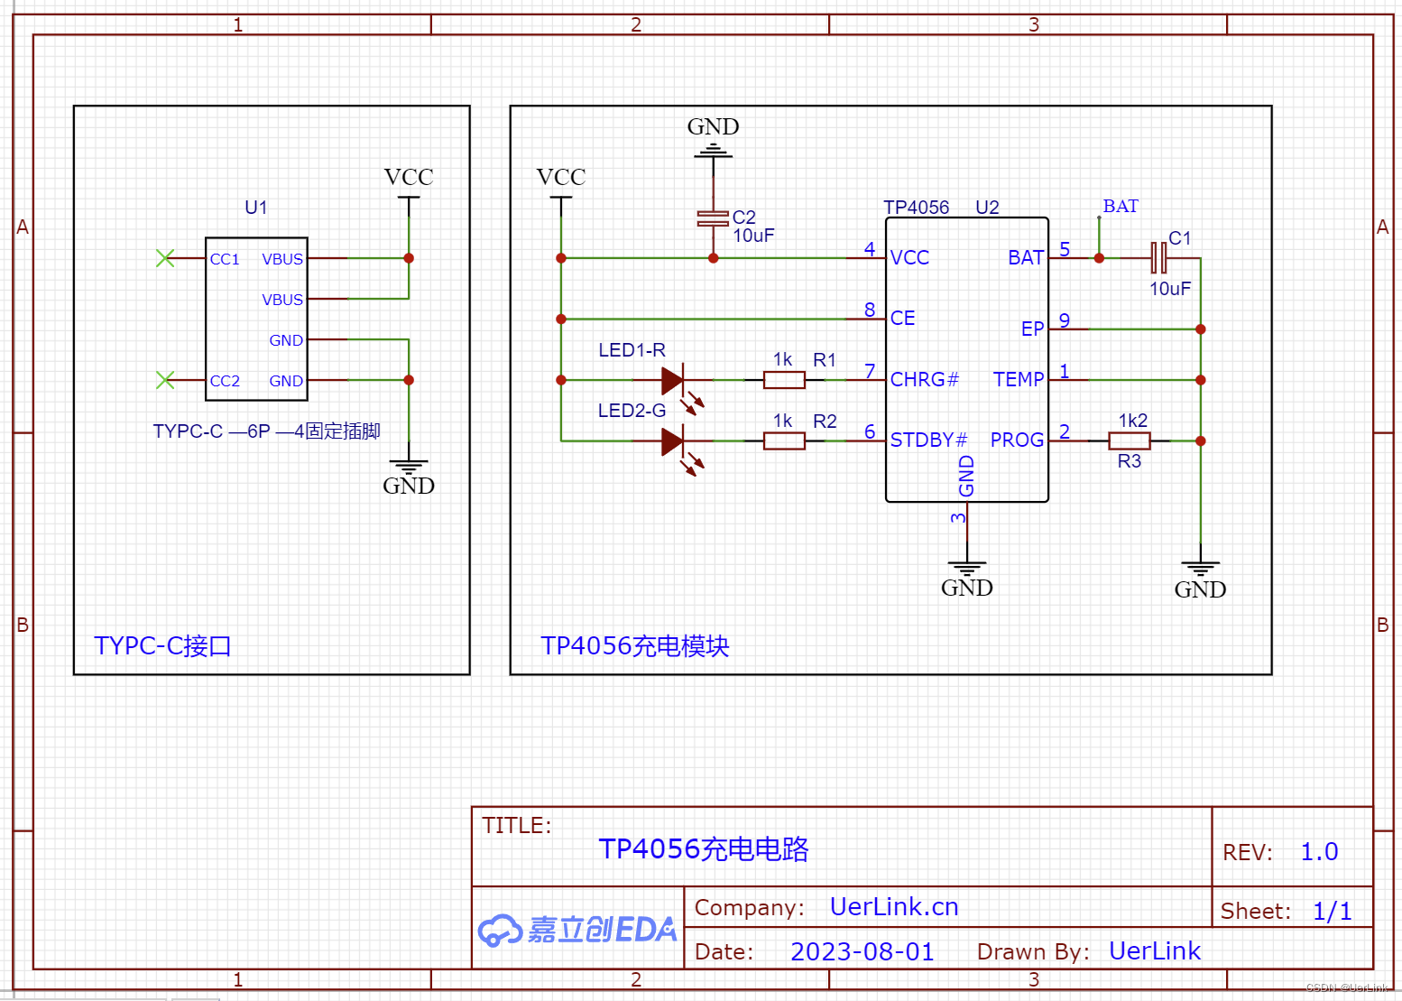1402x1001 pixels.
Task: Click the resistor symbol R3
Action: [x=1129, y=440]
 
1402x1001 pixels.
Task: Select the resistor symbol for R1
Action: [x=783, y=380]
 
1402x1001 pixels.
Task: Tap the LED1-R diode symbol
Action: [x=673, y=380]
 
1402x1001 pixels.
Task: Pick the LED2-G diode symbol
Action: [x=673, y=441]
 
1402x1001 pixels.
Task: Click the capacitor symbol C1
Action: [x=1158, y=258]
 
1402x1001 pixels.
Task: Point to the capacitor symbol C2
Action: [x=713, y=218]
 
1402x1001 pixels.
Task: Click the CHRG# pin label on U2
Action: [x=924, y=380]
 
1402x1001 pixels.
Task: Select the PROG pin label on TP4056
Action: [x=1017, y=440]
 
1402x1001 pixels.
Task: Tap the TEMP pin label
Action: [x=1019, y=380]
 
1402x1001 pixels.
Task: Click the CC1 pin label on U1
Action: [x=225, y=260]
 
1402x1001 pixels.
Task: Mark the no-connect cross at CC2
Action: [x=165, y=380]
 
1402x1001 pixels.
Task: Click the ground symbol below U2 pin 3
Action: [x=966, y=569]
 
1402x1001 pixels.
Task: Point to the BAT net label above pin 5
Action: [x=1121, y=207]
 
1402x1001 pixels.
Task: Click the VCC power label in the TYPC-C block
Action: [x=409, y=177]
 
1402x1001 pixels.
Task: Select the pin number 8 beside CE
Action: [x=870, y=310]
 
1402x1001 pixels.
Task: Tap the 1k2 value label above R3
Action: [x=1133, y=421]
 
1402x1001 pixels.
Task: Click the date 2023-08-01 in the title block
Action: [x=862, y=952]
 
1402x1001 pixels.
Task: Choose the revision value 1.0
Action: [x=1319, y=852]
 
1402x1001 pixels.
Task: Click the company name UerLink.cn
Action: [x=894, y=907]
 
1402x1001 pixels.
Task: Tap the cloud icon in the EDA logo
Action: [x=500, y=931]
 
